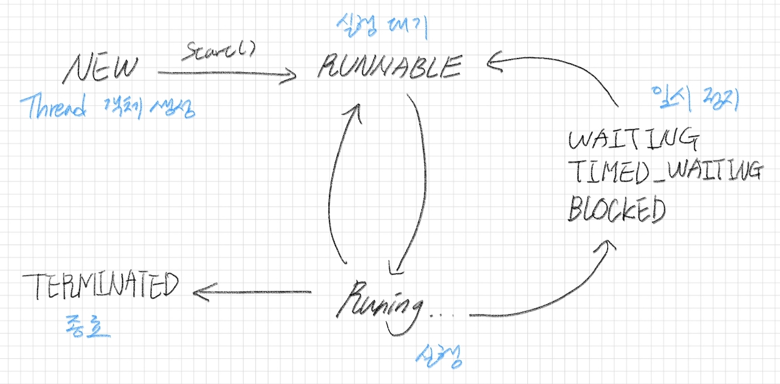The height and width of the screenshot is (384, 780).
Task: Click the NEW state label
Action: coord(101,69)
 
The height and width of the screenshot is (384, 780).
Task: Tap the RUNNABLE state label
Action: coord(389,67)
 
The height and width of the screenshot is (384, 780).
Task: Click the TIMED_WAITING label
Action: coord(664,171)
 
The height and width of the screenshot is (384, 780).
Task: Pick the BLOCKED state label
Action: coord(617,209)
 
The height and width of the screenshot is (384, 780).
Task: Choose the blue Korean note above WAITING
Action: coord(694,98)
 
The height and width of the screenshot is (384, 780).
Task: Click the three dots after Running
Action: coord(441,315)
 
